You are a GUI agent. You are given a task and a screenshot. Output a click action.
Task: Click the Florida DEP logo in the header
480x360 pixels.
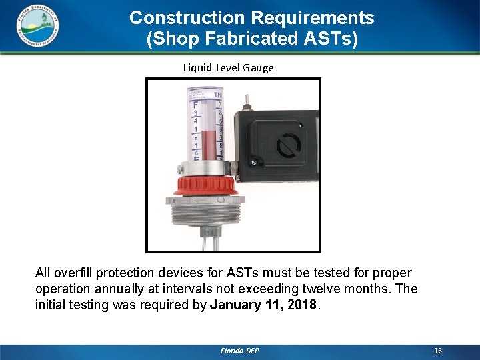coord(37,25)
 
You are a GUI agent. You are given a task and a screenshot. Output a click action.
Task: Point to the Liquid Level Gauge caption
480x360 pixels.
coord(228,67)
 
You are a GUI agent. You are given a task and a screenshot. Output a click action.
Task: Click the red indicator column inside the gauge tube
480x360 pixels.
coord(211,145)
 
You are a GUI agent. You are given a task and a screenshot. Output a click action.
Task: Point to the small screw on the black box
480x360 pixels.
coord(253,162)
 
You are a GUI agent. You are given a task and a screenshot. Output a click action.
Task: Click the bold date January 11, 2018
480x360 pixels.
coord(265,305)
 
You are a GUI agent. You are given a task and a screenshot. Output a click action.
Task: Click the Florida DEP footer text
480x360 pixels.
coord(239,351)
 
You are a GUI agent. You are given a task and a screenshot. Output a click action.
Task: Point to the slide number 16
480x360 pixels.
coord(437,351)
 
